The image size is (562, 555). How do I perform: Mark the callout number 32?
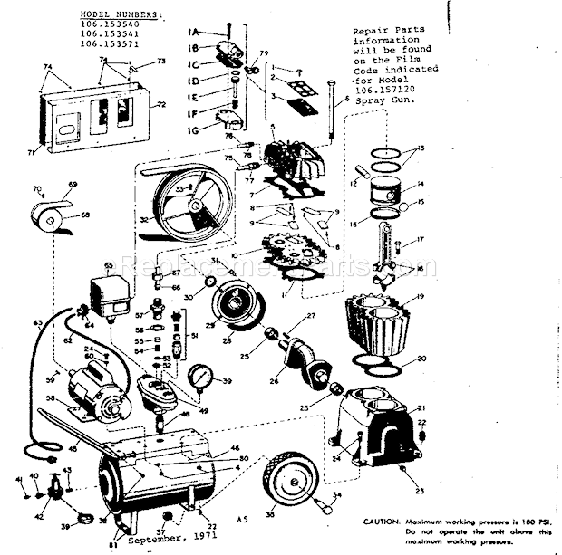[x=145, y=218]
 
